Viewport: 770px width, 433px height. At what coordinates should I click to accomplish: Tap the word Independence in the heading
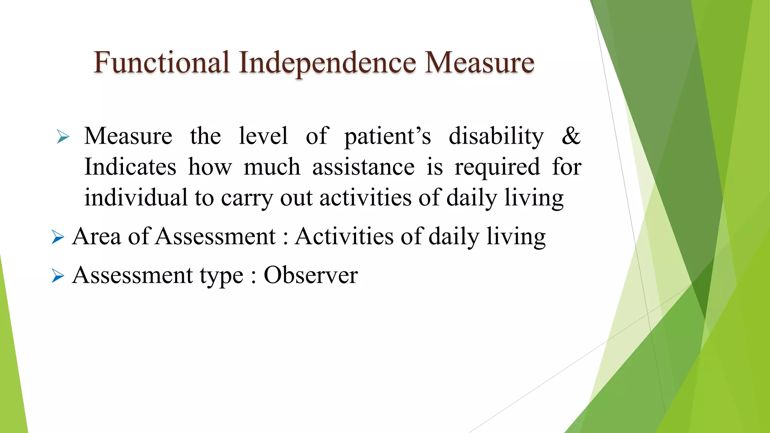(x=327, y=62)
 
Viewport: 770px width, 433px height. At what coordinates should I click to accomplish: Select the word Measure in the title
(x=479, y=62)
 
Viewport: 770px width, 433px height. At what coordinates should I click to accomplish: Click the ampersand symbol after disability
(x=571, y=136)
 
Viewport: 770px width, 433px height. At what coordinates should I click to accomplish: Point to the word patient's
(x=387, y=136)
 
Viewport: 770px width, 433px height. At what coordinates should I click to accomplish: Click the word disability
(x=496, y=136)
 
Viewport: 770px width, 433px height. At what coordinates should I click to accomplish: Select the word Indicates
(x=130, y=167)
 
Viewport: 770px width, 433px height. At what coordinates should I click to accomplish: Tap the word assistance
(x=363, y=167)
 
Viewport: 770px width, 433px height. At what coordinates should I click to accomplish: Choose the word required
(x=497, y=168)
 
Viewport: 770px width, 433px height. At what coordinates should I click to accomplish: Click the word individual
(x=136, y=198)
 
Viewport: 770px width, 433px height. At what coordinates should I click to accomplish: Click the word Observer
(x=311, y=275)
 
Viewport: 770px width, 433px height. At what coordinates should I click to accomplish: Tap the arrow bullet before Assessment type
(x=58, y=276)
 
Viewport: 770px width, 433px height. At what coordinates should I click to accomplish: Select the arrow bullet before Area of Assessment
(x=58, y=237)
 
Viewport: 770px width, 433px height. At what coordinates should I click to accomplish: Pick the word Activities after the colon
(x=344, y=237)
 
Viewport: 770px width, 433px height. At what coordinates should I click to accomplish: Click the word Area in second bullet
(x=97, y=237)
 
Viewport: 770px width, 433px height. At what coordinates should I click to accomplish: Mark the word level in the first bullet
(x=263, y=136)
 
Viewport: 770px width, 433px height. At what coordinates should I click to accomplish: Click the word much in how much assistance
(x=272, y=167)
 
